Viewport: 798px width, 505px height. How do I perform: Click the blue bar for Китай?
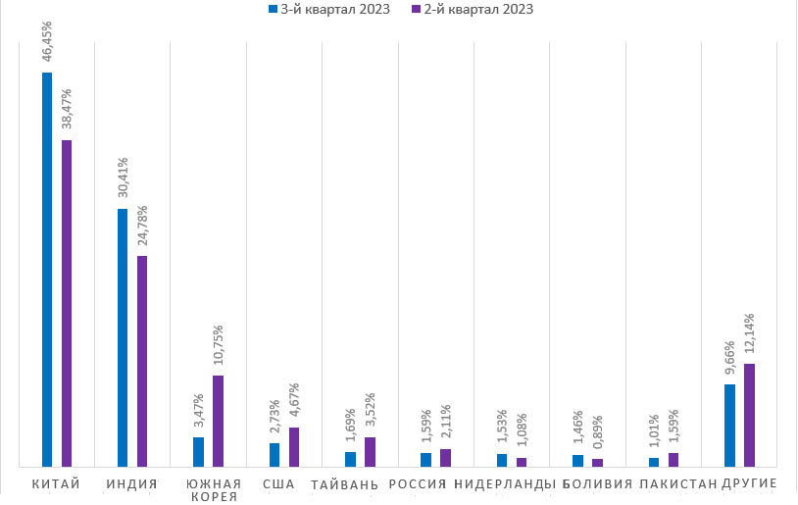pos(47,270)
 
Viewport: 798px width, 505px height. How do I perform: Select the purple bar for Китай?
pos(67,303)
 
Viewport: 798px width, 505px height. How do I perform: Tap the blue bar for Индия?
pos(123,337)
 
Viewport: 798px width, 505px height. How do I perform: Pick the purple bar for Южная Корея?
pos(218,421)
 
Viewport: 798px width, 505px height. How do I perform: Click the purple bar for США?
pos(294,446)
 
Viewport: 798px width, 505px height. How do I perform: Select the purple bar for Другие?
pos(749,415)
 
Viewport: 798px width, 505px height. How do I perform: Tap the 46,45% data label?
pos(47,44)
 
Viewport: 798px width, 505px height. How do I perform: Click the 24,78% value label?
pos(142,227)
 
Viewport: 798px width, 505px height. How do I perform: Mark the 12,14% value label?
pos(749,335)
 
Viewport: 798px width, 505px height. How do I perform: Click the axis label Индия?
pos(132,483)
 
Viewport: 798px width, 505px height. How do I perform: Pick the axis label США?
pos(278,483)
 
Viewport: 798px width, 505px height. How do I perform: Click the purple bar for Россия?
pos(445,457)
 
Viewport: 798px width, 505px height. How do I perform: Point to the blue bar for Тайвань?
pos(350,459)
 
